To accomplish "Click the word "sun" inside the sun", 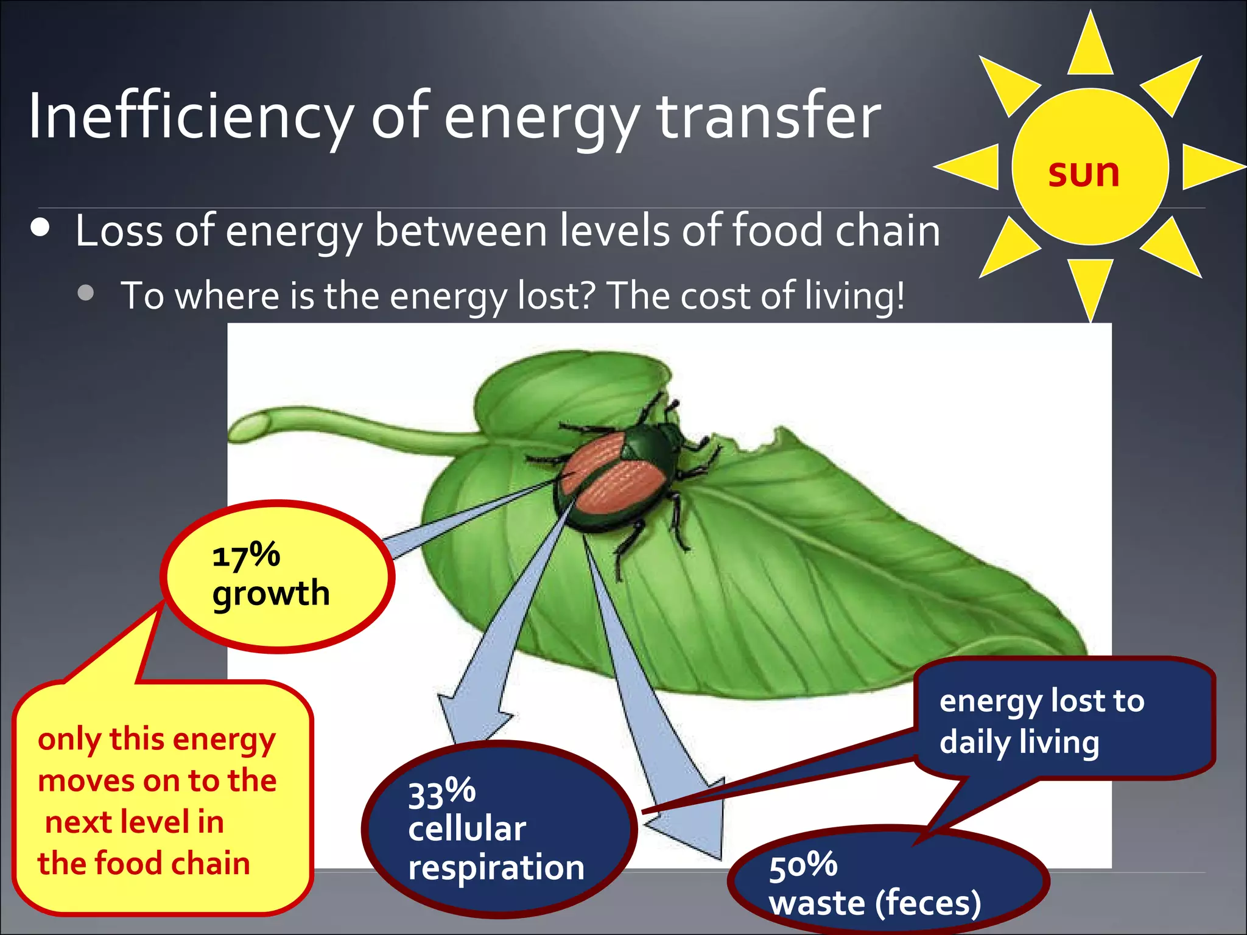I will [1084, 173].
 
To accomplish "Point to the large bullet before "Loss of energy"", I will [40, 228].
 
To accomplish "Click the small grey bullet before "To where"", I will [86, 293].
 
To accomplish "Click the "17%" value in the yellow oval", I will [246, 555].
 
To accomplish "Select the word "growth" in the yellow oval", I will [271, 594].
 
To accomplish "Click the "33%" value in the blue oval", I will [441, 793].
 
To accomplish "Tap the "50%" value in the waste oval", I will [803, 866].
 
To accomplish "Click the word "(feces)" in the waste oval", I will [928, 903].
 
